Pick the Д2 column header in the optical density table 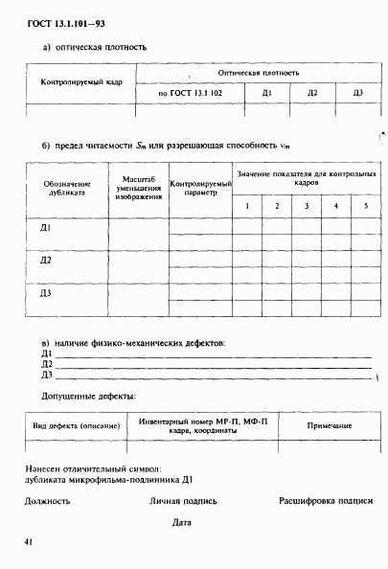coord(312,93)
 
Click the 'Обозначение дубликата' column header coord(67,187)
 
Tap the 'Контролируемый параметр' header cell coord(200,187)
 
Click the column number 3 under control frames coord(307,207)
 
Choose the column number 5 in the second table coord(365,207)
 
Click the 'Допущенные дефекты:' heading coord(88,396)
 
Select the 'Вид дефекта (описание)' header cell coord(77,424)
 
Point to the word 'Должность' coord(47,500)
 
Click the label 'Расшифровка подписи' coord(326,500)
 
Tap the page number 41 coord(31,543)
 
